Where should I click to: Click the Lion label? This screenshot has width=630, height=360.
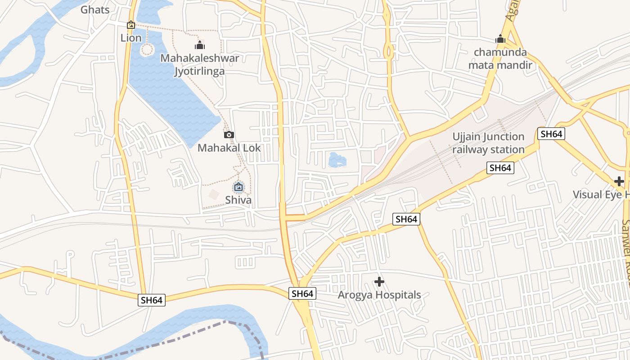(x=131, y=38)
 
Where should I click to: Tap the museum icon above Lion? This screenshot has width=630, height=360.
(x=131, y=25)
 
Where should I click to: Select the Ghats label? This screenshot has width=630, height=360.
(x=95, y=9)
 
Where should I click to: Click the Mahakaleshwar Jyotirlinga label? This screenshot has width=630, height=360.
(x=199, y=64)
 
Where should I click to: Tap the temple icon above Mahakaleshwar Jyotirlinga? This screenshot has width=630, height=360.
(x=199, y=45)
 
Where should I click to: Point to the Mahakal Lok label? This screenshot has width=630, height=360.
(x=229, y=148)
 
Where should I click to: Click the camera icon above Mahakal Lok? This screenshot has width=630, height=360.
(x=229, y=135)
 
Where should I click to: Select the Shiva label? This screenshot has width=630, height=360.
(x=238, y=200)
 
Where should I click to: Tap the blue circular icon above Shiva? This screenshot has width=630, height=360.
(x=238, y=187)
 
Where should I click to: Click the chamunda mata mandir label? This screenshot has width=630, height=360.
(x=500, y=58)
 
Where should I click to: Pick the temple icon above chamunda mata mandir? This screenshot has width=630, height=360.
(x=500, y=39)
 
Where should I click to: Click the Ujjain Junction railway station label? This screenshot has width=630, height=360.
(x=488, y=143)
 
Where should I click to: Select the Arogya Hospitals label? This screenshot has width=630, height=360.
(x=379, y=295)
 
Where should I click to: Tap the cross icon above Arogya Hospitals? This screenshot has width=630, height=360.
(x=379, y=282)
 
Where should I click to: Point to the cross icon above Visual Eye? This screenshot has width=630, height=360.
(x=619, y=181)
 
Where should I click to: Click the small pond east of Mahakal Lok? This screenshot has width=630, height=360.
(x=337, y=160)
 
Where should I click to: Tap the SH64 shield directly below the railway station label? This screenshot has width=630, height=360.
(x=500, y=168)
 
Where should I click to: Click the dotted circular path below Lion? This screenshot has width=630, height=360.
(x=147, y=49)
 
